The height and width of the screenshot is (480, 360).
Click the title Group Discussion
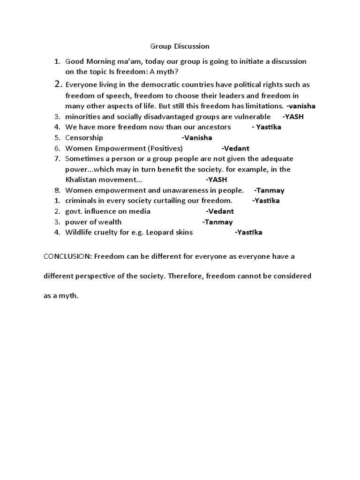(180, 46)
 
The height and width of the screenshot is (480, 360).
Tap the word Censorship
(84, 138)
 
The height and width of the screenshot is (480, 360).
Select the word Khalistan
(82, 180)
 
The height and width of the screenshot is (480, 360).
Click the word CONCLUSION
(63, 257)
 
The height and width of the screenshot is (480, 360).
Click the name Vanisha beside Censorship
(197, 138)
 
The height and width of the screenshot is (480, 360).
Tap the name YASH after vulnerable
(293, 117)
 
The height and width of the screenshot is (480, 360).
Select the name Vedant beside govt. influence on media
(220, 211)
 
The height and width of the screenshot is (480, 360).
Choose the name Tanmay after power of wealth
(217, 222)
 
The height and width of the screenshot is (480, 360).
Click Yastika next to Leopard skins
(248, 232)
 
